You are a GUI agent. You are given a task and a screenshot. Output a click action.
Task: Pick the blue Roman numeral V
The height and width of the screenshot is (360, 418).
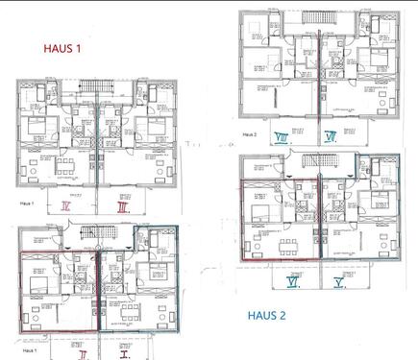pos(339,284)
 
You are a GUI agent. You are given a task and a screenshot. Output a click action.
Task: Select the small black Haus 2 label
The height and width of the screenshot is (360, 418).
pos(252,135)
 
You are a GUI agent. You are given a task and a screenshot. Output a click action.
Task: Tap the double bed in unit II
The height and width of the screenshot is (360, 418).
pos(39,275)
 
